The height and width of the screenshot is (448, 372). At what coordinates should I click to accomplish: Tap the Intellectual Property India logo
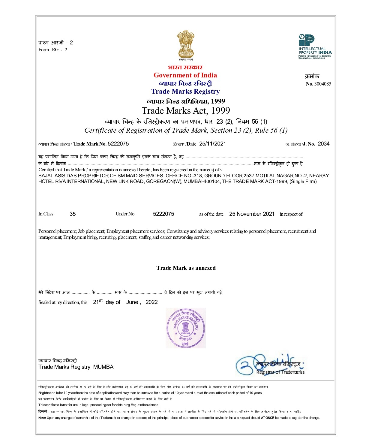[314, 47]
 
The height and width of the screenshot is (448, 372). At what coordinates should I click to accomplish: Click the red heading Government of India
[185, 75]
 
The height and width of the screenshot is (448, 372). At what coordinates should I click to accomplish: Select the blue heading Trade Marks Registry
[185, 92]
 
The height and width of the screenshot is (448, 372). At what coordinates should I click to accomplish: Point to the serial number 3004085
[322, 84]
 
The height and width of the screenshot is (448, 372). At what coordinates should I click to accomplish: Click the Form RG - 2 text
[53, 50]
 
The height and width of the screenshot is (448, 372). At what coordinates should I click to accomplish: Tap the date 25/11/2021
[212, 144]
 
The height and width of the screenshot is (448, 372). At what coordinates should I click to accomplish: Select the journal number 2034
[323, 144]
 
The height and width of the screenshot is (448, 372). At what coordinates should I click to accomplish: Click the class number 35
[73, 214]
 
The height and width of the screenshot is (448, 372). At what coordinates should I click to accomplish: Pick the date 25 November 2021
[252, 214]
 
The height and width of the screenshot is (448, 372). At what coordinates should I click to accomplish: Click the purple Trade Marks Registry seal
[186, 328]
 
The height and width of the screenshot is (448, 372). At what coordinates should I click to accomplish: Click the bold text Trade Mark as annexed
[186, 268]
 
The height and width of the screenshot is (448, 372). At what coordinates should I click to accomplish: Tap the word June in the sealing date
[132, 302]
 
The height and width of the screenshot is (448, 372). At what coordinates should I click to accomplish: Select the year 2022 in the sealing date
[151, 302]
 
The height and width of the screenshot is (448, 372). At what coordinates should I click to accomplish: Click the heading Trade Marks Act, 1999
[186, 111]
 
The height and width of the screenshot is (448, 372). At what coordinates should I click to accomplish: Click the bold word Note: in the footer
[42, 418]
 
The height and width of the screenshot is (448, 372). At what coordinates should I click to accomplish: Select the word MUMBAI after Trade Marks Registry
[104, 367]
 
